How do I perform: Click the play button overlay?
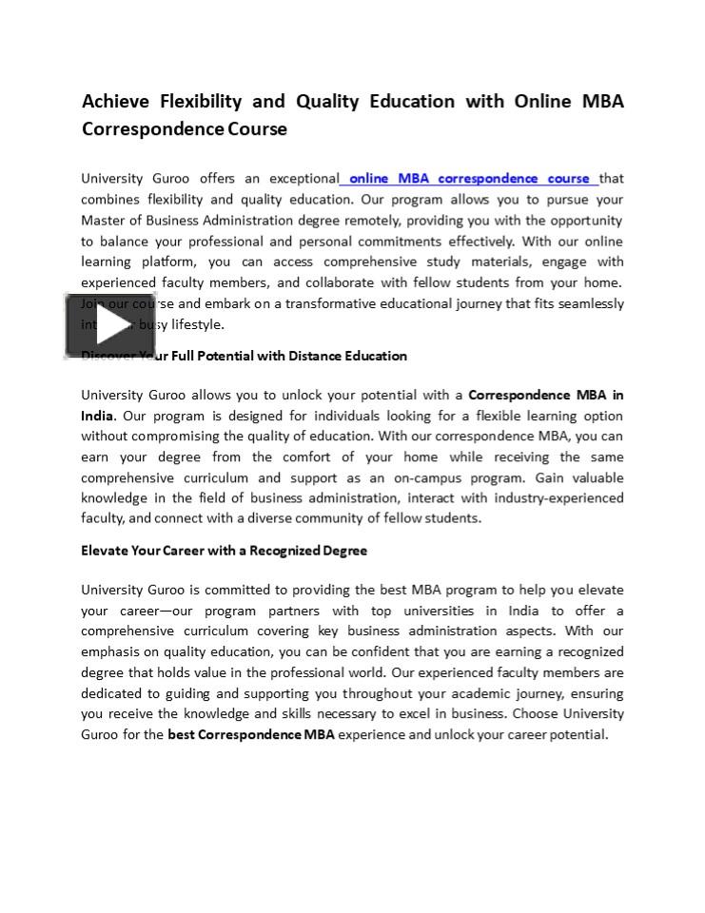click(110, 325)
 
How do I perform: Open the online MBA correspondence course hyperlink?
click(469, 178)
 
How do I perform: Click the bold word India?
click(97, 416)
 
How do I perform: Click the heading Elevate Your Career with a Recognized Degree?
click(224, 551)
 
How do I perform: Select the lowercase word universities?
click(431, 611)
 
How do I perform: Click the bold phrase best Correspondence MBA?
click(251, 734)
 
